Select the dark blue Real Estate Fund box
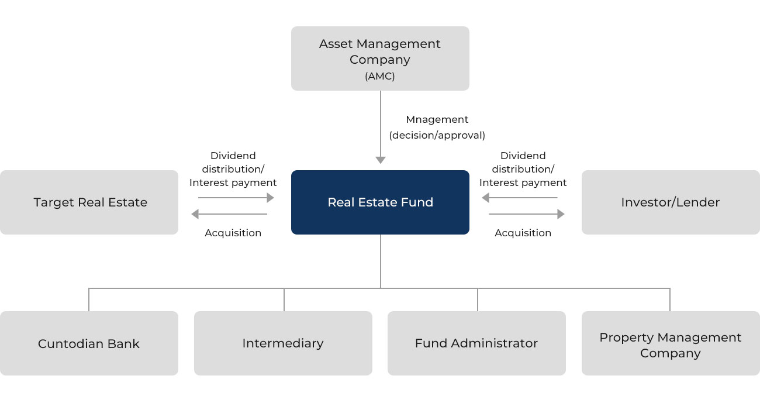tap(380, 202)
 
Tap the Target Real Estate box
tap(89, 202)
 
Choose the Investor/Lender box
tap(670, 202)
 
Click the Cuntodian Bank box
tap(89, 343)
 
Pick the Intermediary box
tap(283, 343)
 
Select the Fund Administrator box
tap(476, 343)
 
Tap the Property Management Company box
tap(670, 345)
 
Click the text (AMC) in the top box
tap(380, 76)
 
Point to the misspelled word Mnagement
tap(437, 119)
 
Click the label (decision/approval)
tap(437, 135)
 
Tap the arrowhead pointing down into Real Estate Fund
tap(381, 160)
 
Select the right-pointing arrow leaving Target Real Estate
tap(233, 198)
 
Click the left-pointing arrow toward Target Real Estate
tap(229, 214)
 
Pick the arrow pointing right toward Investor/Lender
tap(527, 214)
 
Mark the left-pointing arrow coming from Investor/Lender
tap(519, 198)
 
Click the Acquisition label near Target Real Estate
tap(233, 233)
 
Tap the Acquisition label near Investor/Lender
tap(523, 233)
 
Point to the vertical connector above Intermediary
tap(284, 299)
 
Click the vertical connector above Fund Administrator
tap(478, 299)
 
